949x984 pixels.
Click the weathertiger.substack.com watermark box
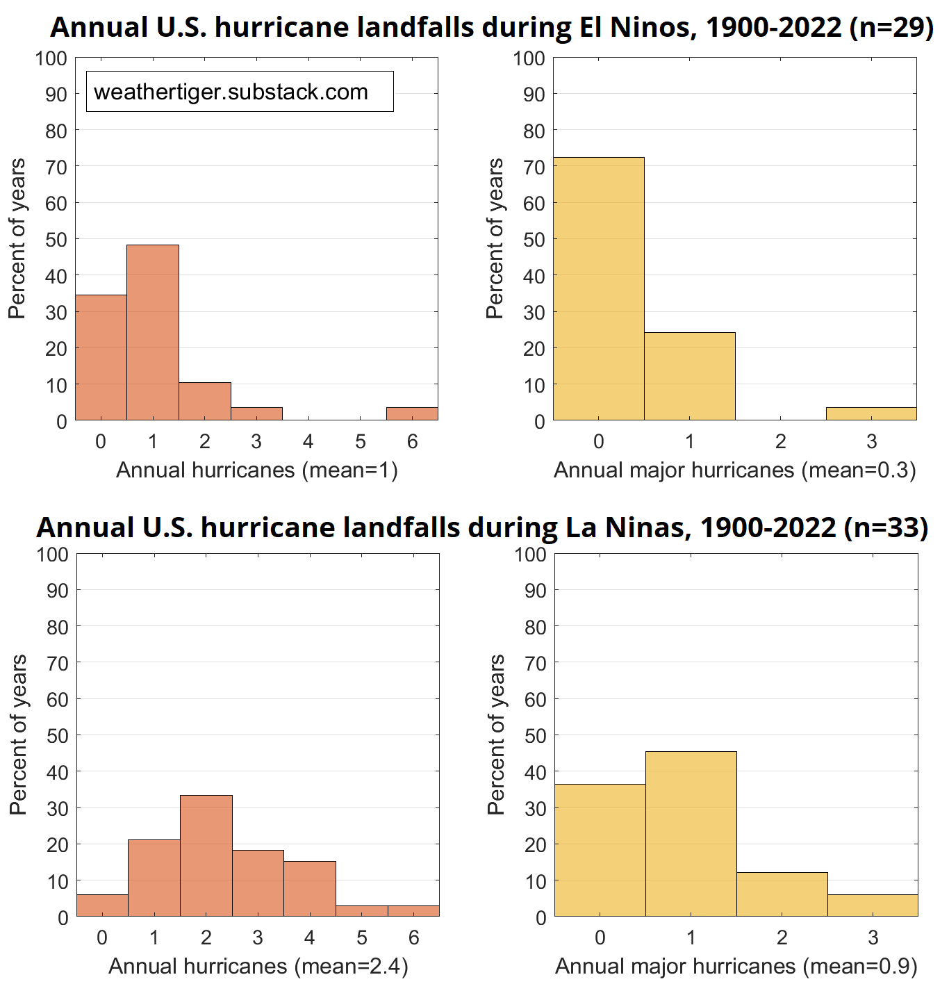[240, 92]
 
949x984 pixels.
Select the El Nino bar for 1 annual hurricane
[153, 333]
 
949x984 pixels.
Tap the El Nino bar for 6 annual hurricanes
[412, 414]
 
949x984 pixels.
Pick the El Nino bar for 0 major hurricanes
[599, 289]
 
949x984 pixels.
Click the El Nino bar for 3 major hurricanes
[871, 414]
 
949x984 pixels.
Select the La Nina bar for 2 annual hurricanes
[206, 856]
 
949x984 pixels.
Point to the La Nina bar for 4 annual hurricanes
[310, 889]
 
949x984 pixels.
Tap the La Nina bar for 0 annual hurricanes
[102, 905]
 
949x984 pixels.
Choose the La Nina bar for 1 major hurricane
[691, 834]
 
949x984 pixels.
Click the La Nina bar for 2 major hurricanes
[782, 894]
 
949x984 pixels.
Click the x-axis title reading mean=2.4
[258, 966]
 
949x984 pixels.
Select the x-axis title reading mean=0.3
[735, 470]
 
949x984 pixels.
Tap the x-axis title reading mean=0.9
[736, 966]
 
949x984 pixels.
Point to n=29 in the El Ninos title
[891, 28]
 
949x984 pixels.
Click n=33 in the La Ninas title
[886, 527]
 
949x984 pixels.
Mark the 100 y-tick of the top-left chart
[51, 58]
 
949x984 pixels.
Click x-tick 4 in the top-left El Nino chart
[308, 442]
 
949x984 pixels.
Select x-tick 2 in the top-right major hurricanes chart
[781, 442]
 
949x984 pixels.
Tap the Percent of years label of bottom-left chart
[18, 735]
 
